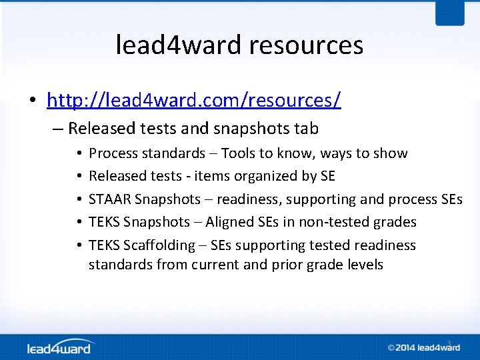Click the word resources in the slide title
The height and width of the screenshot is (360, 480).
(x=306, y=45)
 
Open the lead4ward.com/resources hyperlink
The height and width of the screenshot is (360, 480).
(x=194, y=100)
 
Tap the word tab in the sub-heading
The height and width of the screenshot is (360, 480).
(x=306, y=128)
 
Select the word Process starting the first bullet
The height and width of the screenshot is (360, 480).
(x=113, y=154)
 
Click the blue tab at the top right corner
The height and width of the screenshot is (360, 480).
(x=450, y=12)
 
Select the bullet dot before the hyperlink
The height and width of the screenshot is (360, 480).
(x=32, y=101)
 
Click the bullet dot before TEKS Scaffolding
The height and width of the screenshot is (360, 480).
(x=79, y=245)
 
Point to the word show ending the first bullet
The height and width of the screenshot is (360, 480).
(x=391, y=154)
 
